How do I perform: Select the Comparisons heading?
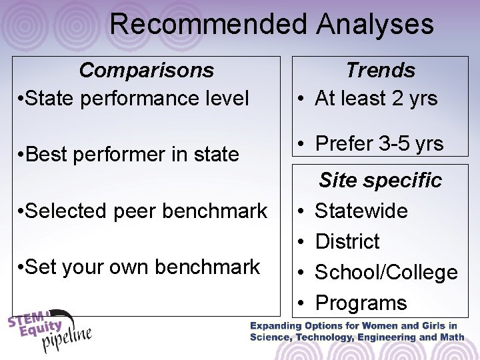[x=147, y=69]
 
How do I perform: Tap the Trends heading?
[x=380, y=69]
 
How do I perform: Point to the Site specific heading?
[x=380, y=179]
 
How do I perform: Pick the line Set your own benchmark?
[x=141, y=267]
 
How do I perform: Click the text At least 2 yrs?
[x=376, y=99]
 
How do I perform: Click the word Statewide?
[x=361, y=211]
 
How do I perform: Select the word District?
[x=347, y=241]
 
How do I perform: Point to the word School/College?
[x=386, y=272]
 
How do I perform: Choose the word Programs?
[x=361, y=303]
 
